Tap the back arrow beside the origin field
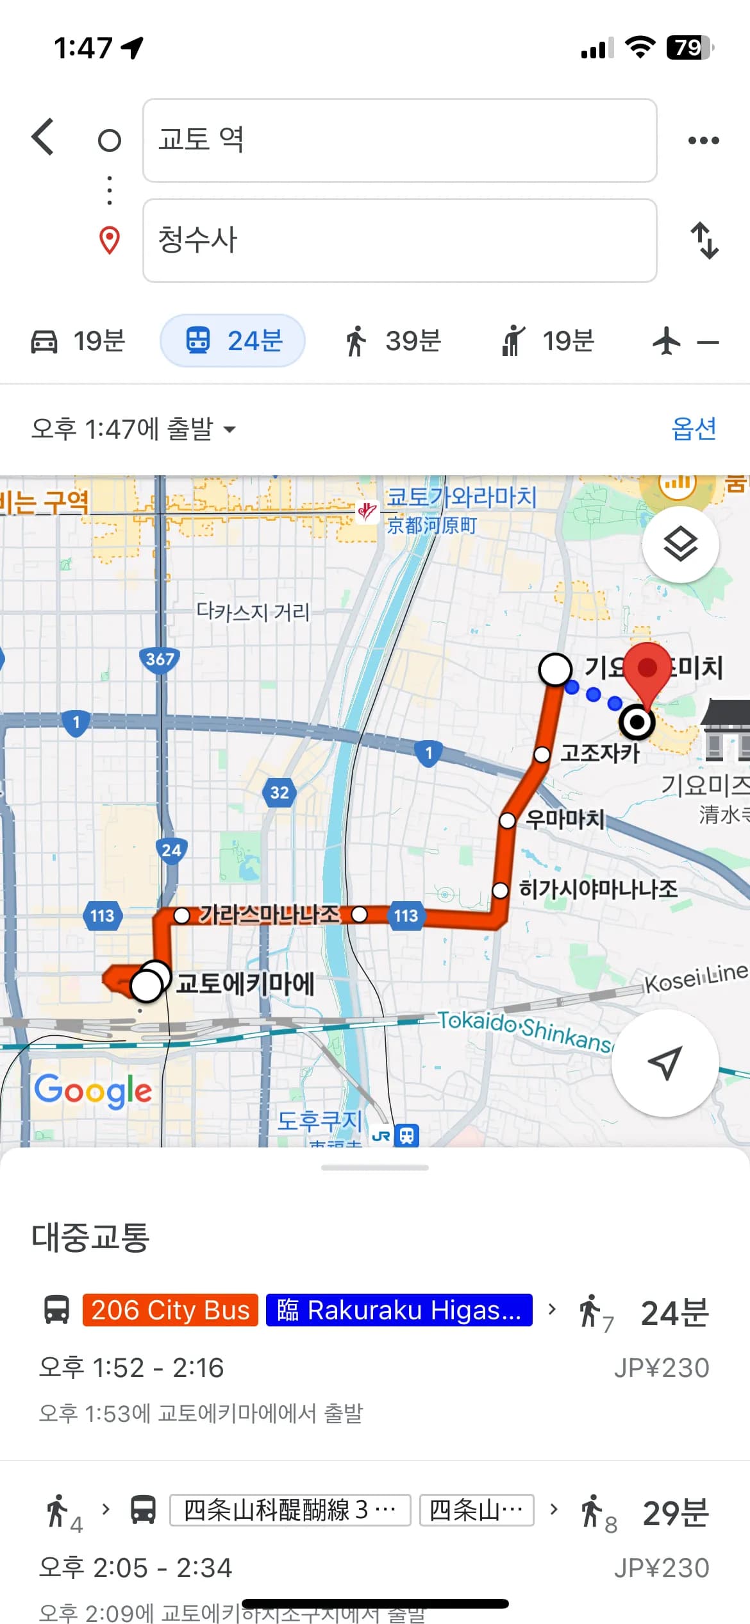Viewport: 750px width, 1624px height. [43, 137]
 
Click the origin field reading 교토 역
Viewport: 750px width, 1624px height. [399, 140]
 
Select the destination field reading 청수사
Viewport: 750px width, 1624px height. [399, 241]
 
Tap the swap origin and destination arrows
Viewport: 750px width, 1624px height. [704, 241]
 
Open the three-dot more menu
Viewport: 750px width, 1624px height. [703, 140]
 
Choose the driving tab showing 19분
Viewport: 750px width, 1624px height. [78, 341]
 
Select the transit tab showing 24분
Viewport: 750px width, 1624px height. [233, 341]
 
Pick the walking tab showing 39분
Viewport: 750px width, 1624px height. [393, 341]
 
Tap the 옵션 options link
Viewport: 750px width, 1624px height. [694, 428]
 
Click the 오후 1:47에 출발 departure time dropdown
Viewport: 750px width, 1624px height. [133, 428]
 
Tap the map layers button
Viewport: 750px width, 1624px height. [680, 545]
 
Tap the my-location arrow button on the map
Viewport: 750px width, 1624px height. [665, 1063]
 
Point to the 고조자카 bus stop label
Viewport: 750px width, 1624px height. [600, 753]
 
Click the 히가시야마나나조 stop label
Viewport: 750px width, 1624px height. [597, 889]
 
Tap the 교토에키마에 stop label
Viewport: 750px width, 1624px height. [245, 983]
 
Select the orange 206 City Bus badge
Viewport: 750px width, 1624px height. [170, 1310]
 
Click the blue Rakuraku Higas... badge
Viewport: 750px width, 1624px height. [399, 1310]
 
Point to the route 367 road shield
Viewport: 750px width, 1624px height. [160, 659]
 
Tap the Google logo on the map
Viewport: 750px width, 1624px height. [93, 1090]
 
